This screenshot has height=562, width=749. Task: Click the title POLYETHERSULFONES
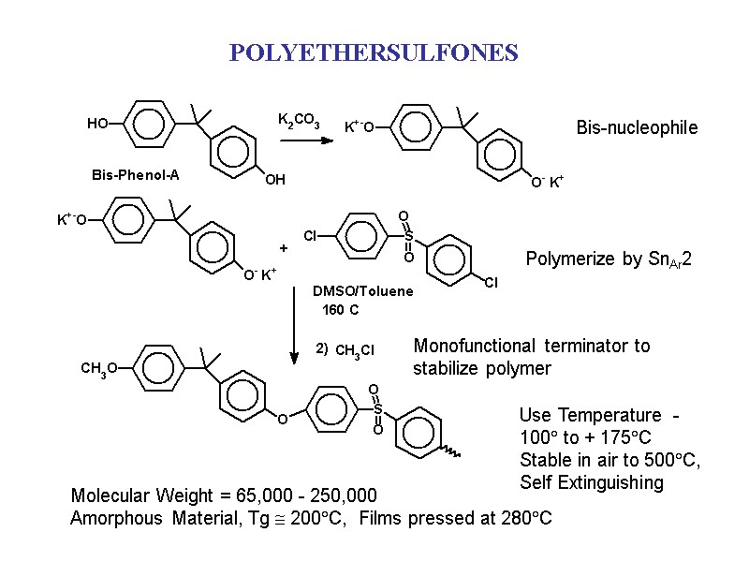[x=374, y=52]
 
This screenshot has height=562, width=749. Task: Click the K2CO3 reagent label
[x=299, y=121]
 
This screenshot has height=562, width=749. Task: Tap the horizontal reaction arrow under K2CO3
[x=306, y=140]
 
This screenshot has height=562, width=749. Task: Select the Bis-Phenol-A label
[x=135, y=175]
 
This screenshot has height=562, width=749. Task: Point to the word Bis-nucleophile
[x=637, y=127]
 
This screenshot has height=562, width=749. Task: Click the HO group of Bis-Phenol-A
[x=96, y=124]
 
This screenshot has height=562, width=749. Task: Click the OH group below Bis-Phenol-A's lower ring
[x=273, y=180]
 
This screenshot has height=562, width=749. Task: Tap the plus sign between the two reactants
[x=283, y=248]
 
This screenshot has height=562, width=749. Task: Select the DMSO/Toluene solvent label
[x=362, y=291]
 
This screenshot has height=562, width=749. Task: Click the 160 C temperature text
[x=340, y=309]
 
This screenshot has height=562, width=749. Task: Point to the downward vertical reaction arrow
[x=295, y=318]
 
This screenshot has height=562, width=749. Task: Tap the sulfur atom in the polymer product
[x=377, y=409]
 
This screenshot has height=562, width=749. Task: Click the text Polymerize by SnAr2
[x=609, y=259]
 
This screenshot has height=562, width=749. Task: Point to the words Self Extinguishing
[x=591, y=483]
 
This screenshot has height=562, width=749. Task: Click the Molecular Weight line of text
[x=224, y=495]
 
